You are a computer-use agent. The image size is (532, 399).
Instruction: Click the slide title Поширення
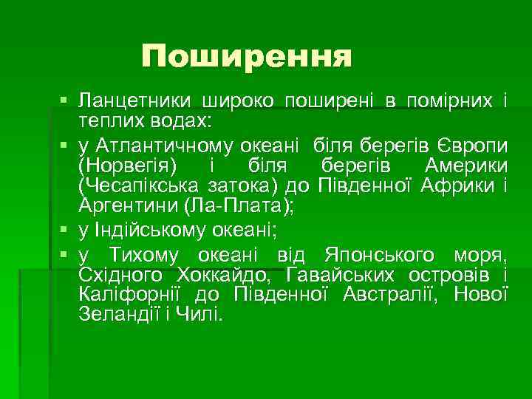point(247,56)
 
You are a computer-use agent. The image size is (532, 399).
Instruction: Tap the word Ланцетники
point(136,101)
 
